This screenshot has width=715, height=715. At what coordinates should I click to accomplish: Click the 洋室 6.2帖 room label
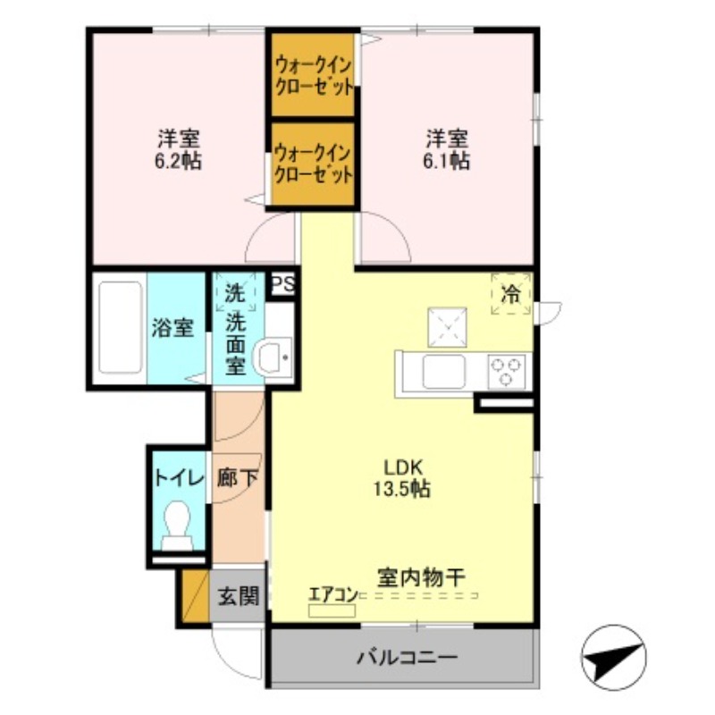(179, 149)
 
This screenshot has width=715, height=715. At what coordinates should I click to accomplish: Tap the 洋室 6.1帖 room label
(447, 149)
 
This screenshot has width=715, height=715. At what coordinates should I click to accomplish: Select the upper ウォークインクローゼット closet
(313, 75)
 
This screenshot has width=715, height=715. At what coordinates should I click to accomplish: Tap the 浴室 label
(172, 327)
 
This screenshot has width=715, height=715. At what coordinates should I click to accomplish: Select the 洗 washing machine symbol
(234, 290)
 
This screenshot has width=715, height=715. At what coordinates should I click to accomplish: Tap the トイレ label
(178, 477)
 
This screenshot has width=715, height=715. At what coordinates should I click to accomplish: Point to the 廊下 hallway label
(239, 477)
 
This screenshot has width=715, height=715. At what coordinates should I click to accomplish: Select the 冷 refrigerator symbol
(511, 293)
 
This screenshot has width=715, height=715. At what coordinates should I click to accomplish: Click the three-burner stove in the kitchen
(506, 371)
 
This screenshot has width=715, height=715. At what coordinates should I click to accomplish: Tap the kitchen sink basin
(443, 371)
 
